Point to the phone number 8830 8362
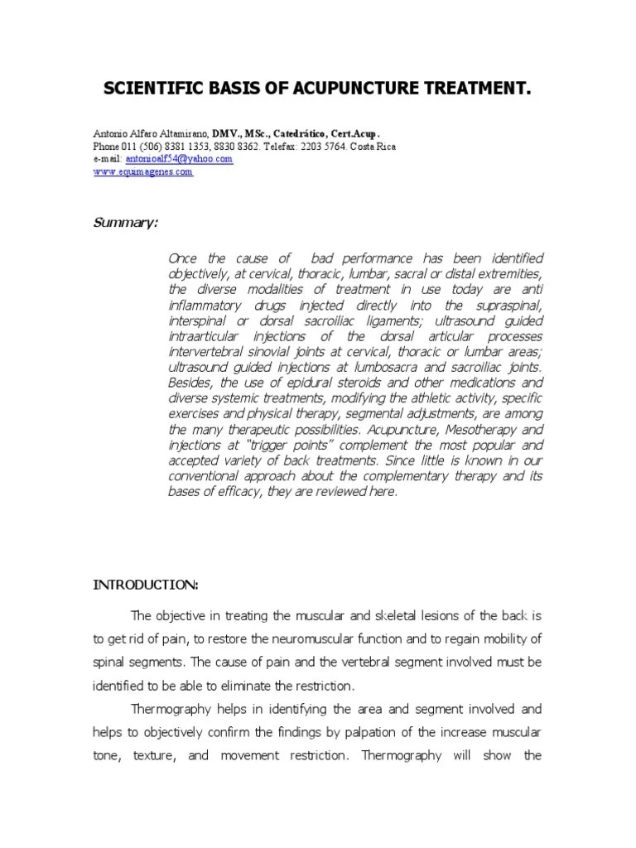[x=238, y=146]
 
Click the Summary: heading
[x=129, y=224]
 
